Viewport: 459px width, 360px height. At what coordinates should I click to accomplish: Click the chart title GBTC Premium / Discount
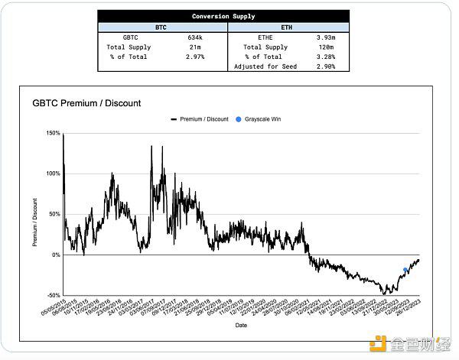coord(86,103)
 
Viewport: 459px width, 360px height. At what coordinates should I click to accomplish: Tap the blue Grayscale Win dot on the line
coord(405,270)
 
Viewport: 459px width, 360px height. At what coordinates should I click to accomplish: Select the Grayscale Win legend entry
coord(262,119)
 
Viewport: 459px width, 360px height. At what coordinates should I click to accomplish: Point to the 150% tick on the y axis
coord(54,133)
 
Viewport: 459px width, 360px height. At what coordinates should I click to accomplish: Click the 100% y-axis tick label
coord(54,174)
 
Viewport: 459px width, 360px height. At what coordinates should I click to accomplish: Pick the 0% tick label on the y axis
coord(56,255)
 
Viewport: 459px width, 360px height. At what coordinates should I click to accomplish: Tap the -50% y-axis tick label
coord(54,295)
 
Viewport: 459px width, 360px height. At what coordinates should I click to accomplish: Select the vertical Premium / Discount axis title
coord(34,222)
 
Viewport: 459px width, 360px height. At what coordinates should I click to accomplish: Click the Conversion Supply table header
coord(223,16)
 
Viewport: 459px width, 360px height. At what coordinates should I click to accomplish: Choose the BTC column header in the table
coord(161,27)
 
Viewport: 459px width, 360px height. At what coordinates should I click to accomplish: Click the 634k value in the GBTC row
coord(195,37)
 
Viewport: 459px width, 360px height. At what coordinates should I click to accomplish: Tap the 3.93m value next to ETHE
coord(326,37)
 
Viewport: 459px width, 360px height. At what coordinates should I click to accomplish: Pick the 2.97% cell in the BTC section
coord(195,57)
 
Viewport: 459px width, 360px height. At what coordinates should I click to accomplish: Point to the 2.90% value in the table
coord(326,66)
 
